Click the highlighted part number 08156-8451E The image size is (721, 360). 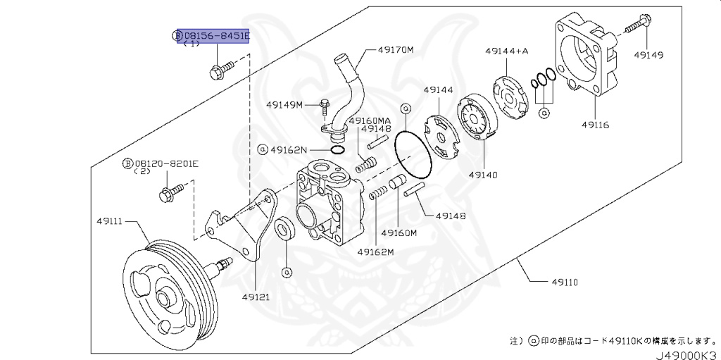216,35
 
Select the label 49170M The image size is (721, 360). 396,51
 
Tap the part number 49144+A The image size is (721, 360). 506,51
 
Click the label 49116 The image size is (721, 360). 595,125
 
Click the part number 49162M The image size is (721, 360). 375,252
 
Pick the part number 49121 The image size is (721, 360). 256,297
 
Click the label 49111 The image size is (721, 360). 109,221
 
